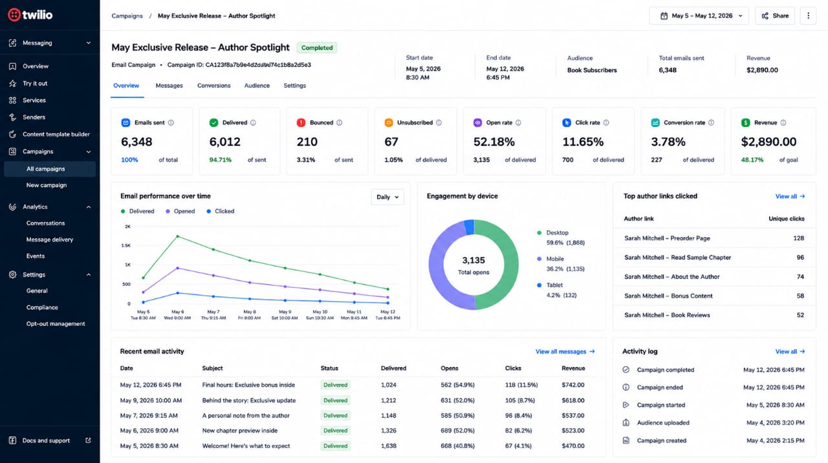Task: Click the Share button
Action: click(x=775, y=16)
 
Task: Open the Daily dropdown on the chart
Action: click(x=387, y=197)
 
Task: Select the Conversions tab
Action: click(x=213, y=85)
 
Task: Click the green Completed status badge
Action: click(x=317, y=48)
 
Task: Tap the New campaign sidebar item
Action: click(x=47, y=185)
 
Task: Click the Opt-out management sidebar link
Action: click(x=56, y=324)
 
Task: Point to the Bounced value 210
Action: click(x=307, y=142)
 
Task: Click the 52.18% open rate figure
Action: click(x=494, y=142)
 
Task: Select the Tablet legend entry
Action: click(x=554, y=285)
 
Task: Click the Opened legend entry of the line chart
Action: click(x=180, y=211)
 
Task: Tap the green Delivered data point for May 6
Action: click(x=178, y=236)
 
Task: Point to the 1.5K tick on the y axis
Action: click(x=126, y=245)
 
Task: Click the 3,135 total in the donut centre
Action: click(x=474, y=260)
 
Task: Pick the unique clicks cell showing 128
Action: click(x=798, y=238)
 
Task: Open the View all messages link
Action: click(x=565, y=352)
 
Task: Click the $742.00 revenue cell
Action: click(x=573, y=385)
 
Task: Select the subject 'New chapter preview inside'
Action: click(x=240, y=431)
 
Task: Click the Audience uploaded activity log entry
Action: click(x=663, y=423)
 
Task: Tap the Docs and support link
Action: click(x=46, y=440)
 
